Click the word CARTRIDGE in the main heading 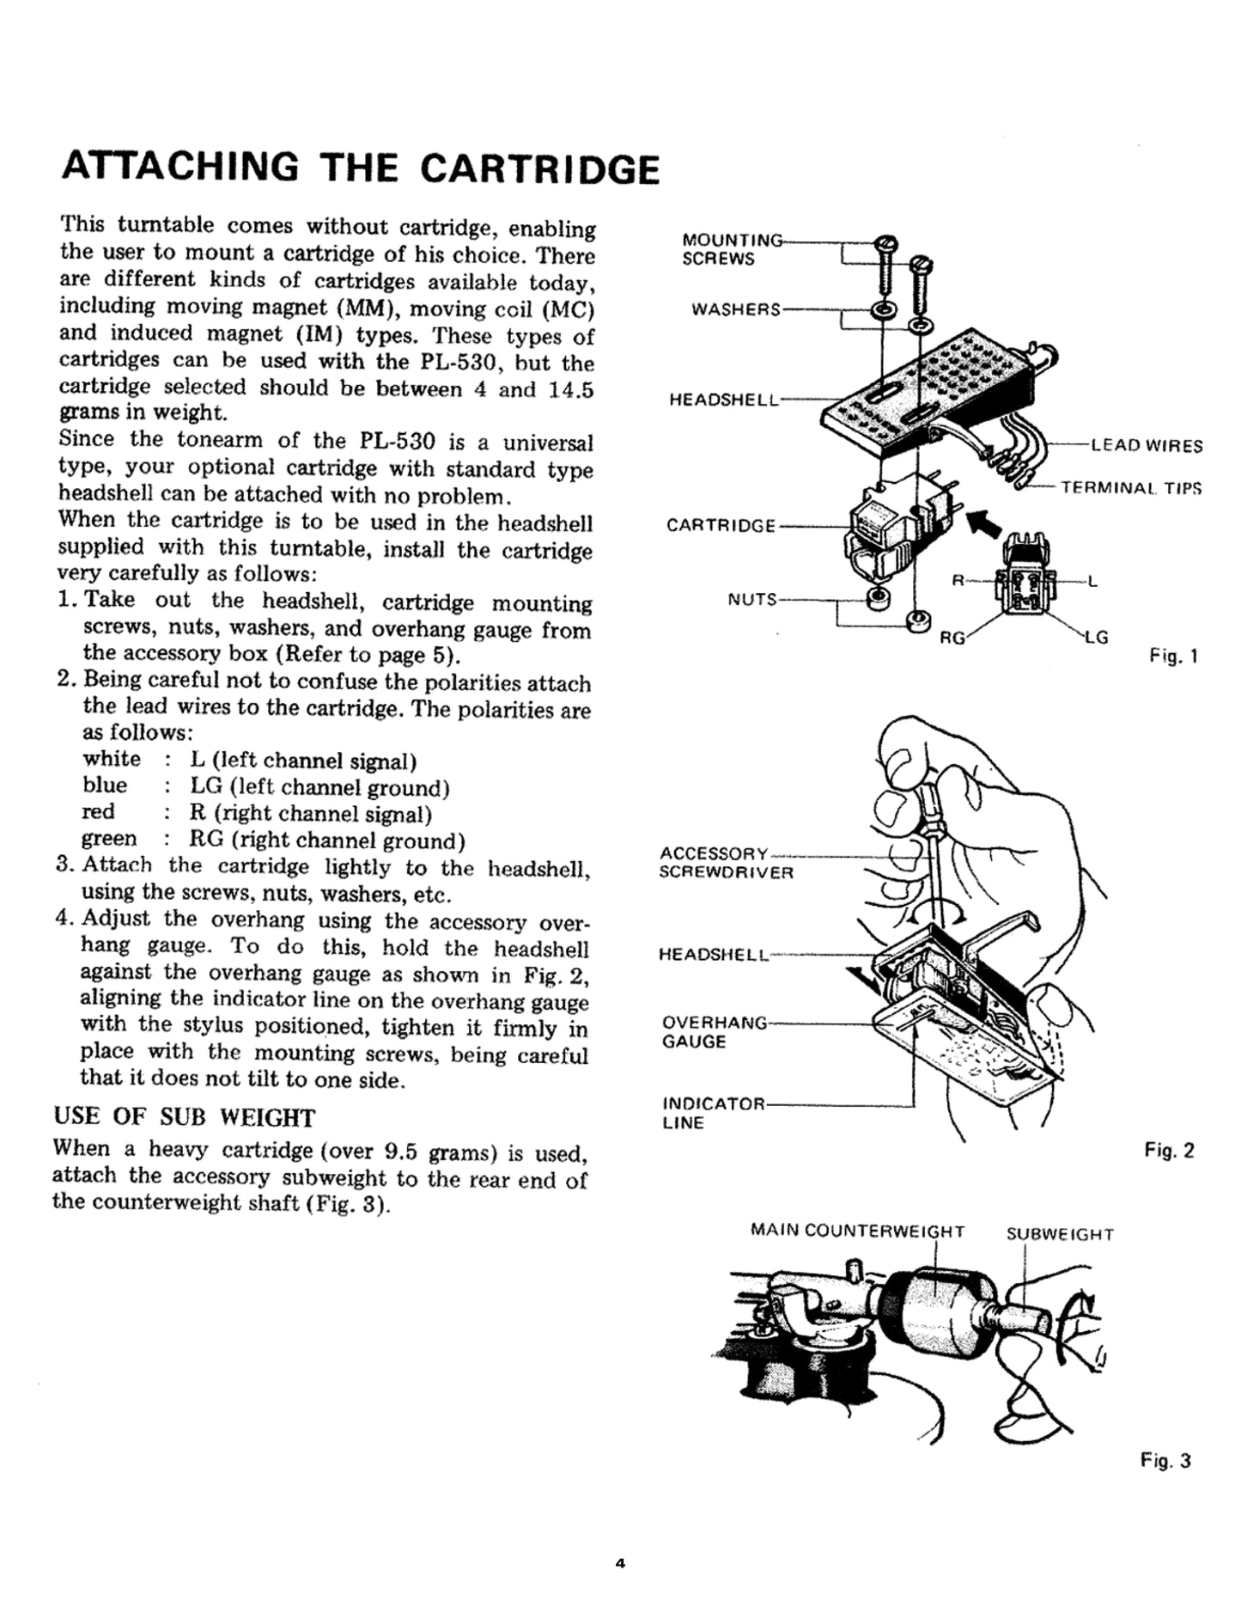coord(540,169)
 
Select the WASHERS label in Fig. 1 coord(737,309)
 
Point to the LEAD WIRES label coord(1147,446)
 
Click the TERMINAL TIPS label coord(1130,489)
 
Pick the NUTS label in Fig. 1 coord(752,599)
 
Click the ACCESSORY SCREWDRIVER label coord(727,863)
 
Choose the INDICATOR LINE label coord(712,1113)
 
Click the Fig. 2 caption coord(1169,1150)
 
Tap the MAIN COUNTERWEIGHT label coord(857,1231)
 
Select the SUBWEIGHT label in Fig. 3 coord(1060,1235)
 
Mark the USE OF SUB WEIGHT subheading coord(184,1117)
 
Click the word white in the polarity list coord(112,759)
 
